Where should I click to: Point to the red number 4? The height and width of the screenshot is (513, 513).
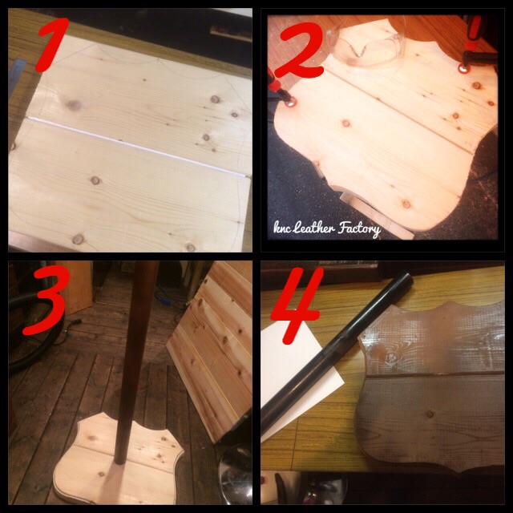(x=296, y=306)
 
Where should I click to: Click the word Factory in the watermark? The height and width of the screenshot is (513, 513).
(x=359, y=228)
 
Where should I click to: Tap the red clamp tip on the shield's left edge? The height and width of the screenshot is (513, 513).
(x=290, y=103)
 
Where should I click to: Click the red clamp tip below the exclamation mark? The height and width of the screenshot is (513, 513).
(x=463, y=67)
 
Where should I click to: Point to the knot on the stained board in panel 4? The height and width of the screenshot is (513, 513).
(x=390, y=356)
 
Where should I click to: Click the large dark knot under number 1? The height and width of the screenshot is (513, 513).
(x=74, y=105)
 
